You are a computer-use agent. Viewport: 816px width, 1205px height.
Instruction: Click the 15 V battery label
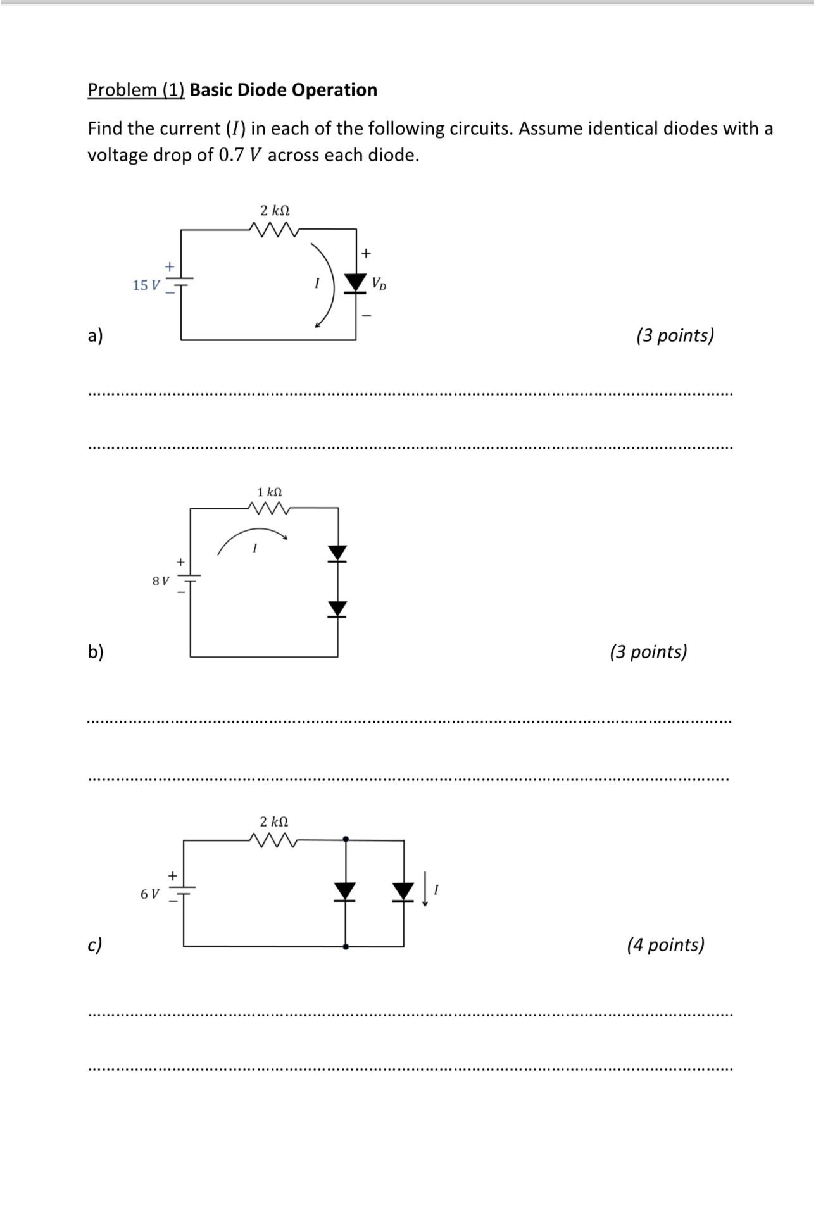(x=146, y=285)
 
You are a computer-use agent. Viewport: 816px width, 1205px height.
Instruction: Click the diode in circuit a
(x=355, y=282)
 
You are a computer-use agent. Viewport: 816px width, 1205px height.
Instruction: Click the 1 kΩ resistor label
(x=270, y=492)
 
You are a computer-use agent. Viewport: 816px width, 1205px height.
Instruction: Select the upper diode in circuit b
(x=338, y=553)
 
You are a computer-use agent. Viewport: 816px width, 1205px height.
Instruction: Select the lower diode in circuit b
(x=338, y=608)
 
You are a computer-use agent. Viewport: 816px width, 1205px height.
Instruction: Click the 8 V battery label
(x=161, y=580)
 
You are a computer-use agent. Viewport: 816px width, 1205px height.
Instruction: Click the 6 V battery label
(x=150, y=894)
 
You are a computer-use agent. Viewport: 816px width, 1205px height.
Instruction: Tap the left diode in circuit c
(x=345, y=891)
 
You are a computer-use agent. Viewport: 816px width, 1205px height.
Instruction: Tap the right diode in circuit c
(x=403, y=891)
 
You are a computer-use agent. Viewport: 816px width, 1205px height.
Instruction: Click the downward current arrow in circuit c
(x=425, y=889)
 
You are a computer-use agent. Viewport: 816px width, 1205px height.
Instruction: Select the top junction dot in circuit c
(x=345, y=839)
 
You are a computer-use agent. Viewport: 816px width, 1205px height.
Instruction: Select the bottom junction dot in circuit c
(x=345, y=947)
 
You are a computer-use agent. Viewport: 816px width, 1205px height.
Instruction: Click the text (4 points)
(x=665, y=945)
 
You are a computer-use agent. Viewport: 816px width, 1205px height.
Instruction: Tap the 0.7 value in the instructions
(x=231, y=155)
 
